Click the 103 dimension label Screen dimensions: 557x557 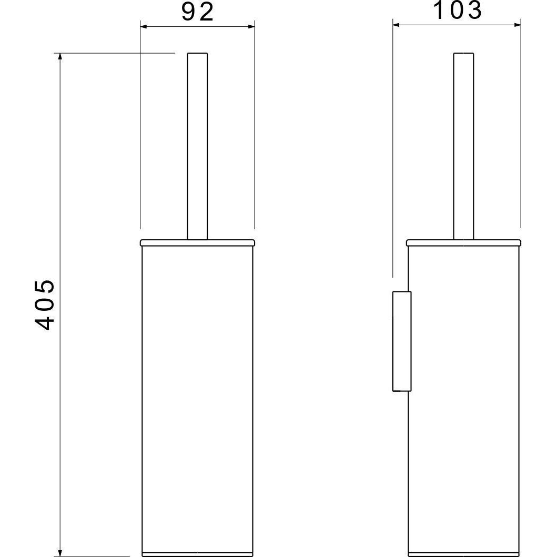[x=458, y=10]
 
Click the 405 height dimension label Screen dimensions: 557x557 [x=45, y=305]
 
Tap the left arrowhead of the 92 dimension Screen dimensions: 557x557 [x=144, y=26]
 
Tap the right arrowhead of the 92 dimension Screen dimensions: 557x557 [x=251, y=26]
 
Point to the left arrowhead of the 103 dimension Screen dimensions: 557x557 [x=397, y=25]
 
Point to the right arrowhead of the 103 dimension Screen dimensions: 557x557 [x=517, y=25]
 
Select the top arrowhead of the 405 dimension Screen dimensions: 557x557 [x=60, y=57]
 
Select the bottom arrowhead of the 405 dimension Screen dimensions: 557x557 [x=60, y=553]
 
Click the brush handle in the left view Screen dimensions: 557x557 [x=198, y=146]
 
